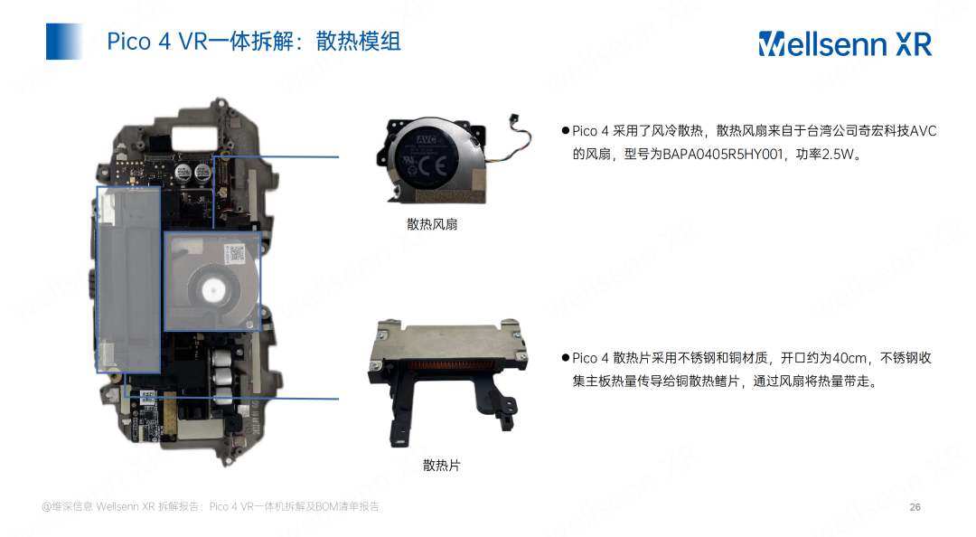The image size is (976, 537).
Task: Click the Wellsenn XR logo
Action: (845, 43)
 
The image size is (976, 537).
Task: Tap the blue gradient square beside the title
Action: (64, 41)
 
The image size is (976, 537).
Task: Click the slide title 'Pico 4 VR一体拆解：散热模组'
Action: (254, 41)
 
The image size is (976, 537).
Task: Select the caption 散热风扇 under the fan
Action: (432, 224)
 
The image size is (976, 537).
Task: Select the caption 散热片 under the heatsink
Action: (441, 466)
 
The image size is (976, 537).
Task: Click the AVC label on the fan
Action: (427, 139)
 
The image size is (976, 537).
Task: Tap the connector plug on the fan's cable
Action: (513, 118)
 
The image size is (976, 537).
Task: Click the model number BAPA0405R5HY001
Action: (723, 154)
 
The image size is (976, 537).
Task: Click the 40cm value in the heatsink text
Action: (849, 358)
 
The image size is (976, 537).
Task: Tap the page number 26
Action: (915, 507)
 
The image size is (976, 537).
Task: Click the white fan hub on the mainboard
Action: (213, 289)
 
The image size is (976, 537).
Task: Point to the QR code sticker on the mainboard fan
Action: (237, 253)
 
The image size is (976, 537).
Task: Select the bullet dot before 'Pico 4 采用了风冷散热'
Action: (565, 131)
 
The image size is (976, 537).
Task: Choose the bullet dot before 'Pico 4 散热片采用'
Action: (565, 358)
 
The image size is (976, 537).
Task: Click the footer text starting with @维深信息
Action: (211, 506)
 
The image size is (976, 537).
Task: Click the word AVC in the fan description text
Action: (923, 131)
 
